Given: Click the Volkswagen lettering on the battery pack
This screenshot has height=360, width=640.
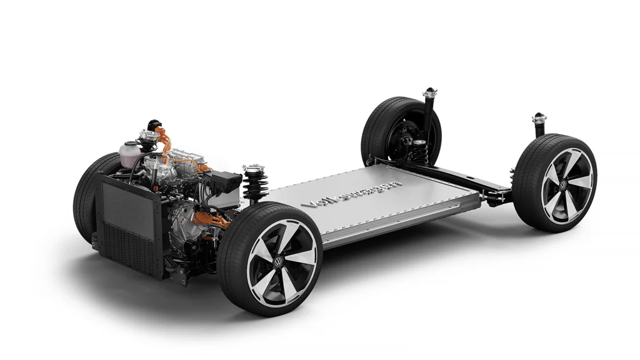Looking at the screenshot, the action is pyautogui.click(x=351, y=192).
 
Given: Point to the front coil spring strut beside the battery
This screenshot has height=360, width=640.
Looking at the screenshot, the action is pyautogui.click(x=255, y=183).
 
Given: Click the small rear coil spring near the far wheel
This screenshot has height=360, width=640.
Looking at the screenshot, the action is pyautogui.click(x=419, y=151).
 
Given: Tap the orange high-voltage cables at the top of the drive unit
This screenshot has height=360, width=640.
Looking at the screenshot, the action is pyautogui.click(x=163, y=141).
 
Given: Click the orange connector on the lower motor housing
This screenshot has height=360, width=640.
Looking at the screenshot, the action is pyautogui.click(x=209, y=219).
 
